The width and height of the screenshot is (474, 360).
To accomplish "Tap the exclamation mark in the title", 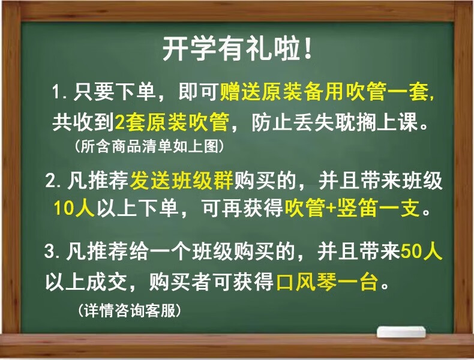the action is pos(308,49).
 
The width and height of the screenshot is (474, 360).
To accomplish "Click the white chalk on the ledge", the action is pos(401,332).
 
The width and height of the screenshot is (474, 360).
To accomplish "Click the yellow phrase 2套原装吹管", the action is pos(172,122).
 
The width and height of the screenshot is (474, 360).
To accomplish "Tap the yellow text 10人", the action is pos(74,208).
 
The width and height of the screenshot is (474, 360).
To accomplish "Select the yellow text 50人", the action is pos(421,251).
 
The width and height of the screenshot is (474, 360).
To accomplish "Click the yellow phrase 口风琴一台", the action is pos(327,282).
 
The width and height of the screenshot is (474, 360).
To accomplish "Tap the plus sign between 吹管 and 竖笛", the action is pos(331,209).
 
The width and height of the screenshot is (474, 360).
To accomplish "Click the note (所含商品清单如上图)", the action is pos(149,146).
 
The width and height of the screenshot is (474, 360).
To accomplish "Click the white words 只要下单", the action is pos(114,92).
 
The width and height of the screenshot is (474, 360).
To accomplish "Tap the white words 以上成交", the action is pos(86,282).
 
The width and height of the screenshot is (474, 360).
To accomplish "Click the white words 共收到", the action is pos(83,122).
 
